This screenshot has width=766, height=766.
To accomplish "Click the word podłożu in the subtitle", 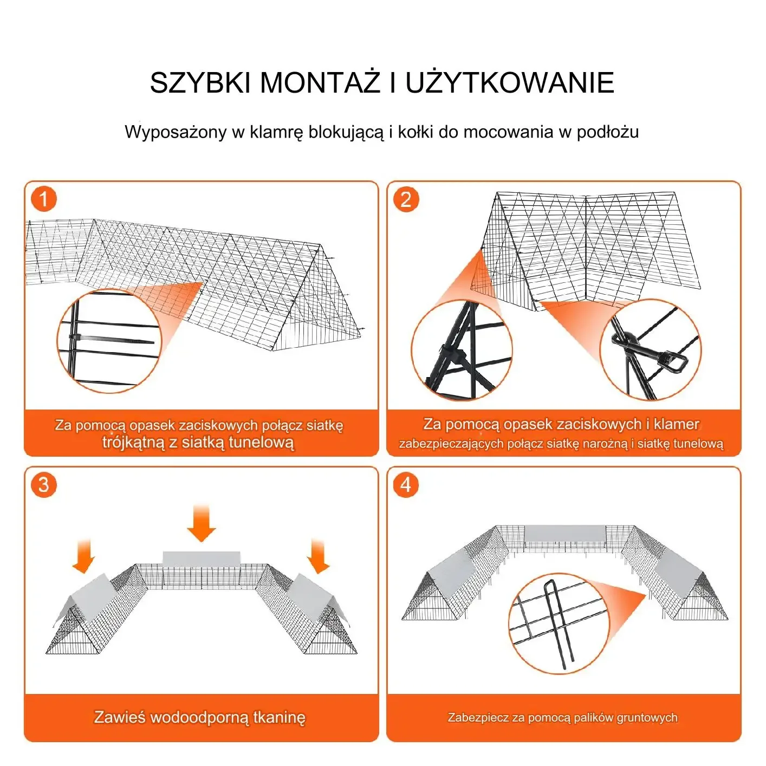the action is (608, 132).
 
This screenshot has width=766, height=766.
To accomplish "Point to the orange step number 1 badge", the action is (44, 199).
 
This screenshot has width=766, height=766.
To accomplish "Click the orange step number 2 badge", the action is (406, 199).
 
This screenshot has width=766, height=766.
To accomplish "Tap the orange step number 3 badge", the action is (44, 485).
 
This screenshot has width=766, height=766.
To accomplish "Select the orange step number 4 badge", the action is (406, 485).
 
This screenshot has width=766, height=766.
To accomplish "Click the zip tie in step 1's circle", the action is (112, 339).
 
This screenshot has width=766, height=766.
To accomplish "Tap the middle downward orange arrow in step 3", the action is (201, 523).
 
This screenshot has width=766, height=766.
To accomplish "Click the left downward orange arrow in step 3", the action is (83, 556).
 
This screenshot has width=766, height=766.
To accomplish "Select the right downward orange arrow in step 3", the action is (319, 556).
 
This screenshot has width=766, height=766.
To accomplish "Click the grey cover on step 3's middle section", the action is (202, 559).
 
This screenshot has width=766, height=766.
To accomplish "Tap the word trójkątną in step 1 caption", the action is (133, 442).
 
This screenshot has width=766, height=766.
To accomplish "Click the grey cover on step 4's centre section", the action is (565, 533).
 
